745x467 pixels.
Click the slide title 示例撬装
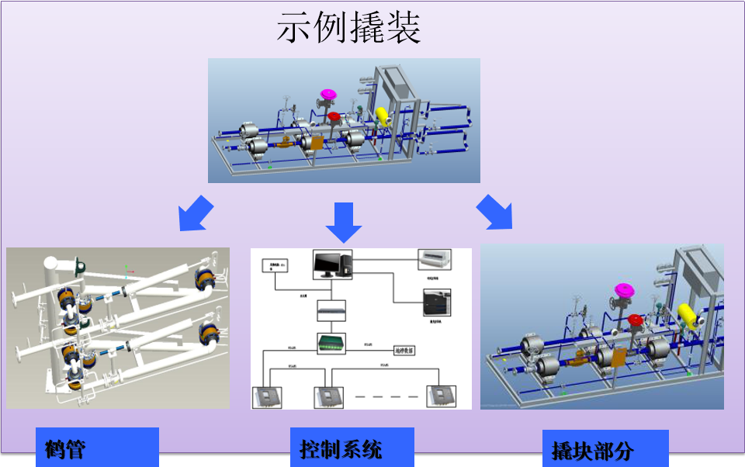(348, 29)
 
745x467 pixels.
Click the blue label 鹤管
(65, 449)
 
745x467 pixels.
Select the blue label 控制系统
(341, 448)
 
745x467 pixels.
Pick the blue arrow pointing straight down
(343, 221)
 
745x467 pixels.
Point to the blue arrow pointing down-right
(495, 213)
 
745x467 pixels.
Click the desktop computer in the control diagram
(332, 265)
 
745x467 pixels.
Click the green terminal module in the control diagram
(332, 342)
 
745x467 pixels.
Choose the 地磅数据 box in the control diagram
(405, 351)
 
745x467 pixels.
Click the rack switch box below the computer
(332, 312)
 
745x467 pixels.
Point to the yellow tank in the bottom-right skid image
(687, 315)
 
